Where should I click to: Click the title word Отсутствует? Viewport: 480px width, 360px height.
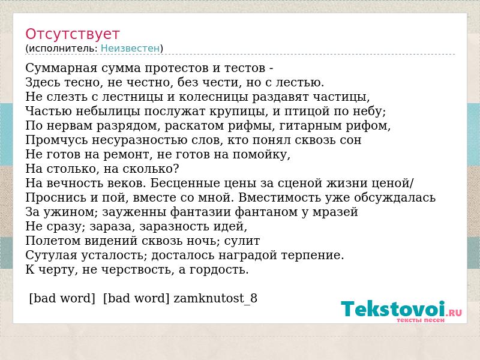[x=72, y=34]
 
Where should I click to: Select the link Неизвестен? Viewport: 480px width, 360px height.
[x=130, y=49]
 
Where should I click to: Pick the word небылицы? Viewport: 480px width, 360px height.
[x=108, y=112]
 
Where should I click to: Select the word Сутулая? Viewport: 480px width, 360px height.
[x=52, y=256]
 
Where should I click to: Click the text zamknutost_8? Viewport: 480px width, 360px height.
[x=215, y=298]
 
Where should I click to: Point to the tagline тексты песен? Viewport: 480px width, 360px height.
[x=421, y=320]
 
